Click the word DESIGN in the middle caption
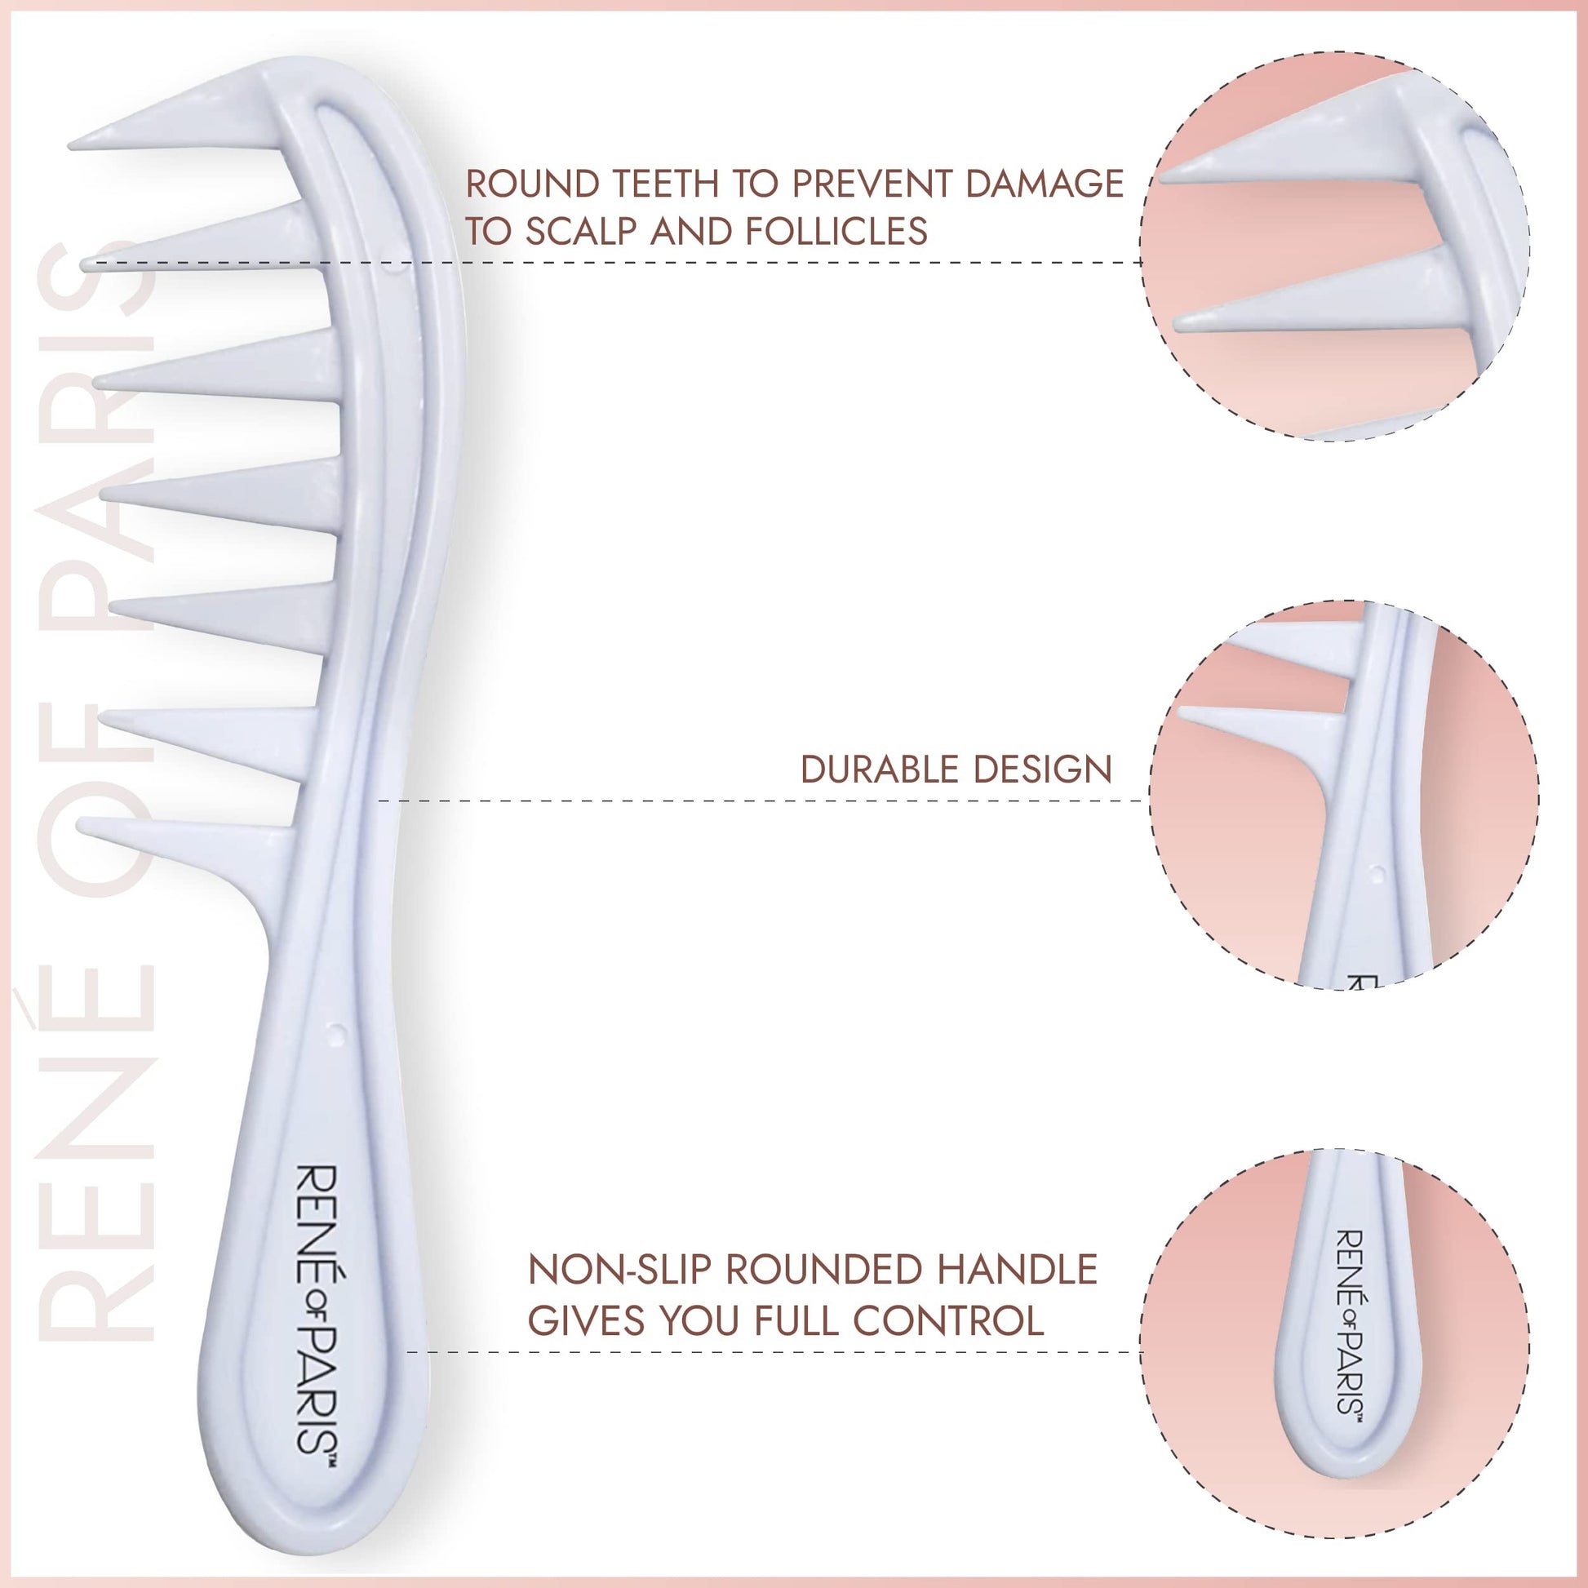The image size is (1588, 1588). click(1042, 770)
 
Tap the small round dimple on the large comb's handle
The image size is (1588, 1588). click(335, 1033)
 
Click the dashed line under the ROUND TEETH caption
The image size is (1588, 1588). click(740, 262)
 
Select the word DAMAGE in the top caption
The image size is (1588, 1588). click(1044, 184)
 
